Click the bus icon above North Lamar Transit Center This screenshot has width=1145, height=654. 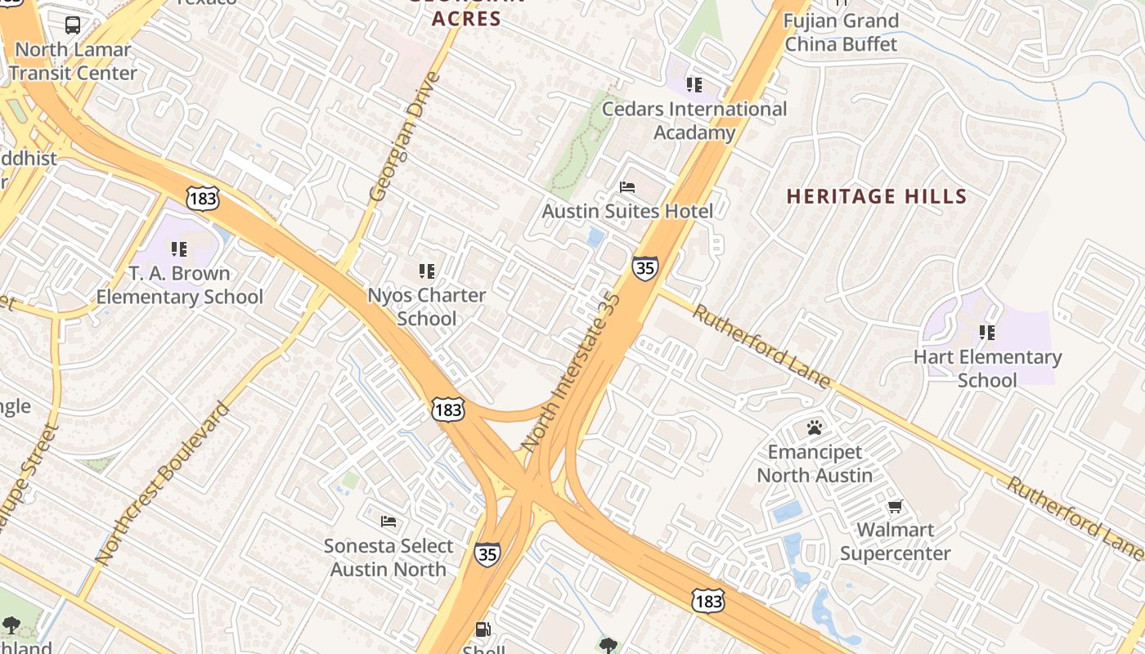73,25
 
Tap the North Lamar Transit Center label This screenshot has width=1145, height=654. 74,61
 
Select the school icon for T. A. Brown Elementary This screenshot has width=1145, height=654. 178,249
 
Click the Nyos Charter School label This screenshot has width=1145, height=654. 427,307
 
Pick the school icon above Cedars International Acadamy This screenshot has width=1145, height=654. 694,84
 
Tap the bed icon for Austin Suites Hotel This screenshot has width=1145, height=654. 627,187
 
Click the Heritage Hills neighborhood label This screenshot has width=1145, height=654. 877,197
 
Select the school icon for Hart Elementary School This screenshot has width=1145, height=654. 987,333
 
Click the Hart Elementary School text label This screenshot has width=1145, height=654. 987,369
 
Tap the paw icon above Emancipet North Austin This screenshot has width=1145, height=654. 814,428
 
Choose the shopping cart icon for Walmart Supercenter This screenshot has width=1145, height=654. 896,506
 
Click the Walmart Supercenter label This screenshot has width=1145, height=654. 896,542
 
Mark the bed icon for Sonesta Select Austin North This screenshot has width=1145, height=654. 388,521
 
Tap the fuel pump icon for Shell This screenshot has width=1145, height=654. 483,629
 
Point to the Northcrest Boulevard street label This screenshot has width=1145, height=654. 164,482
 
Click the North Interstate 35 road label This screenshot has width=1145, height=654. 572,372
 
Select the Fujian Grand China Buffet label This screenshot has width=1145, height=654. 841,33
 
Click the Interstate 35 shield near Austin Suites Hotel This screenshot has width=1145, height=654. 644,267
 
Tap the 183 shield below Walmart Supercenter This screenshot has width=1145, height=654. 707,601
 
